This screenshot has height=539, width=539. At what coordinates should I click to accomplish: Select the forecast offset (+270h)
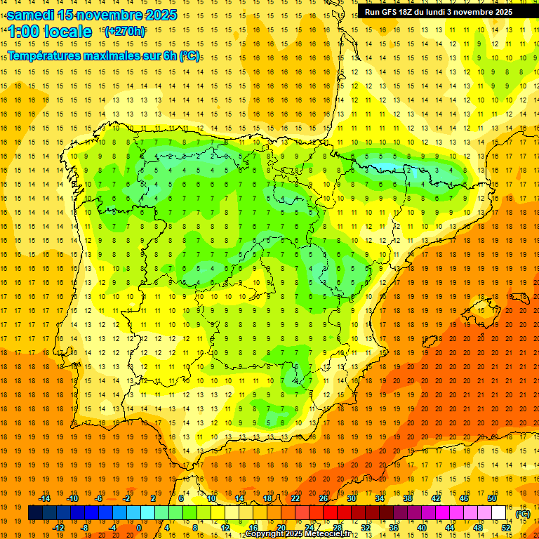(x=124, y=31)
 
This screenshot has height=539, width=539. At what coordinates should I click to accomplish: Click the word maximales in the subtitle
(x=120, y=55)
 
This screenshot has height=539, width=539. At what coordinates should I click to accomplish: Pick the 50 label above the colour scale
(x=492, y=498)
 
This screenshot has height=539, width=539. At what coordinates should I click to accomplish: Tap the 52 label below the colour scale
(x=506, y=528)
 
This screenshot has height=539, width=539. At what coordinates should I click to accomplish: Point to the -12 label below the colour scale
(x=59, y=528)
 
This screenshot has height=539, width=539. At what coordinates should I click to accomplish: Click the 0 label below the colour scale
(x=139, y=528)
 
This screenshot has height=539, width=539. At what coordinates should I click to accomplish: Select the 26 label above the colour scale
(x=324, y=498)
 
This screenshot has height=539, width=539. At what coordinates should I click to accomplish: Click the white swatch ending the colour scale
(x=499, y=512)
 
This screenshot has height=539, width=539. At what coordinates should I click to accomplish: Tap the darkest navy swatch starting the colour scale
(x=35, y=512)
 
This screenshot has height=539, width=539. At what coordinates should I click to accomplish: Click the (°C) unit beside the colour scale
(x=523, y=514)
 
